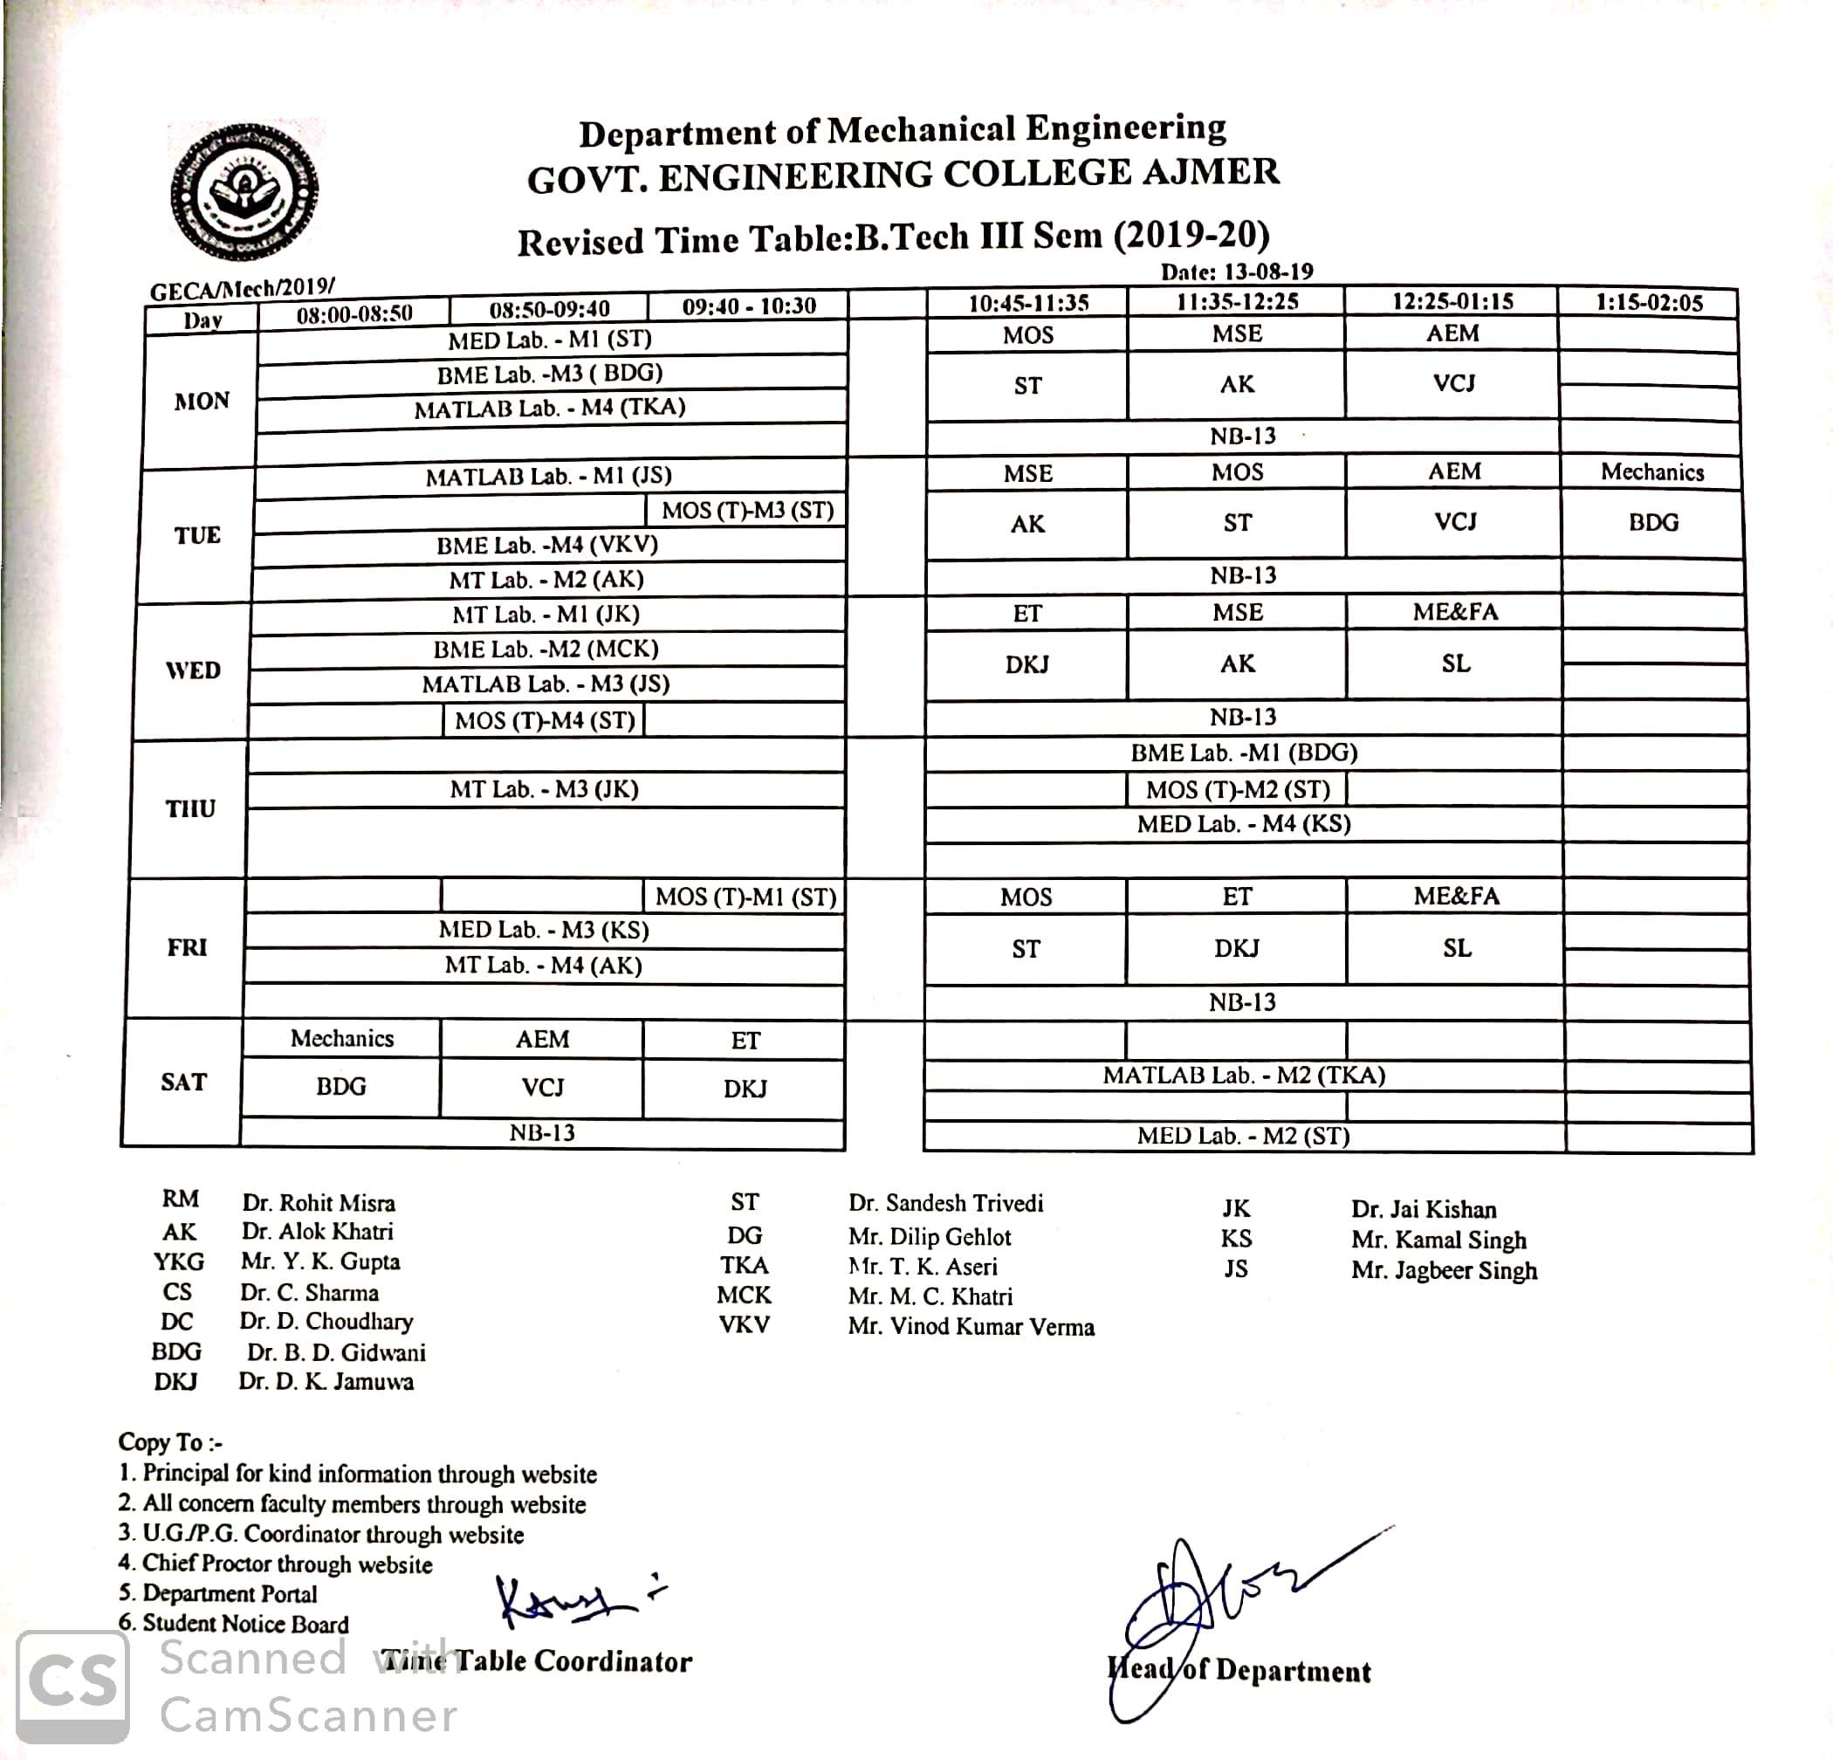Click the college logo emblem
(244, 192)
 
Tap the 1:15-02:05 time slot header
(1649, 303)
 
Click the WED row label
(193, 670)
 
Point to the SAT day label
(183, 1082)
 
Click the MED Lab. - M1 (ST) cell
(550, 340)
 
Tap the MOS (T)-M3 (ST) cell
(747, 511)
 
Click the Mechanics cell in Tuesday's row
(1651, 472)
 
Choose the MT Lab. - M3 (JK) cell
(545, 789)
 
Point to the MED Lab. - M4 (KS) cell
(1244, 824)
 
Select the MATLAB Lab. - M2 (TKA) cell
(1244, 1076)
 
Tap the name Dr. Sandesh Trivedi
(945, 1203)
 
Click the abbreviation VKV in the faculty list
(745, 1325)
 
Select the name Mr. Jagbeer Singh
(1444, 1271)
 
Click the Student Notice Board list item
(245, 1625)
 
